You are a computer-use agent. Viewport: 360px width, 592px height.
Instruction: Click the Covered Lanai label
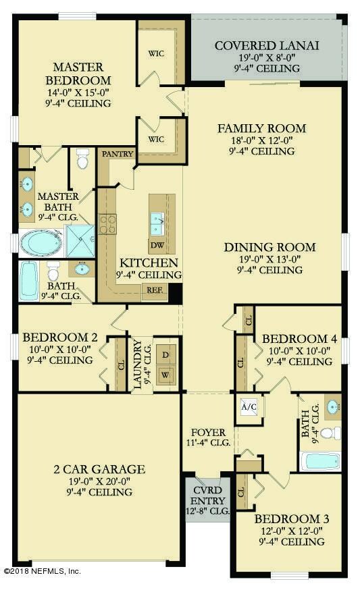pyautogui.click(x=266, y=46)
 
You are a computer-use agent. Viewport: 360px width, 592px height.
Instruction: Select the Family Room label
pyautogui.click(x=261, y=128)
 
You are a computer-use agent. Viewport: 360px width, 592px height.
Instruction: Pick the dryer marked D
pyautogui.click(x=166, y=355)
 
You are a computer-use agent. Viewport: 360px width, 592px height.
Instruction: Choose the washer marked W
pyautogui.click(x=166, y=375)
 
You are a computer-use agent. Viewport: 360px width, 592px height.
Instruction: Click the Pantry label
pyautogui.click(x=115, y=154)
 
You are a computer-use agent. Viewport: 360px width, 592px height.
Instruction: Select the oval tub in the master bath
pyautogui.click(x=40, y=242)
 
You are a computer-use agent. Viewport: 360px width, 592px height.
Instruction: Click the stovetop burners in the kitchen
pyautogui.click(x=108, y=223)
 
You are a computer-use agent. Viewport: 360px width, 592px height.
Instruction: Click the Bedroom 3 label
pyautogui.click(x=292, y=518)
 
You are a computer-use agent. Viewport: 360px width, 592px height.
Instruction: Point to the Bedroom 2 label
pyautogui.click(x=57, y=338)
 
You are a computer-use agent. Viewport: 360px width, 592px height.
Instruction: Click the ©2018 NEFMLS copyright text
pyautogui.click(x=42, y=571)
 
